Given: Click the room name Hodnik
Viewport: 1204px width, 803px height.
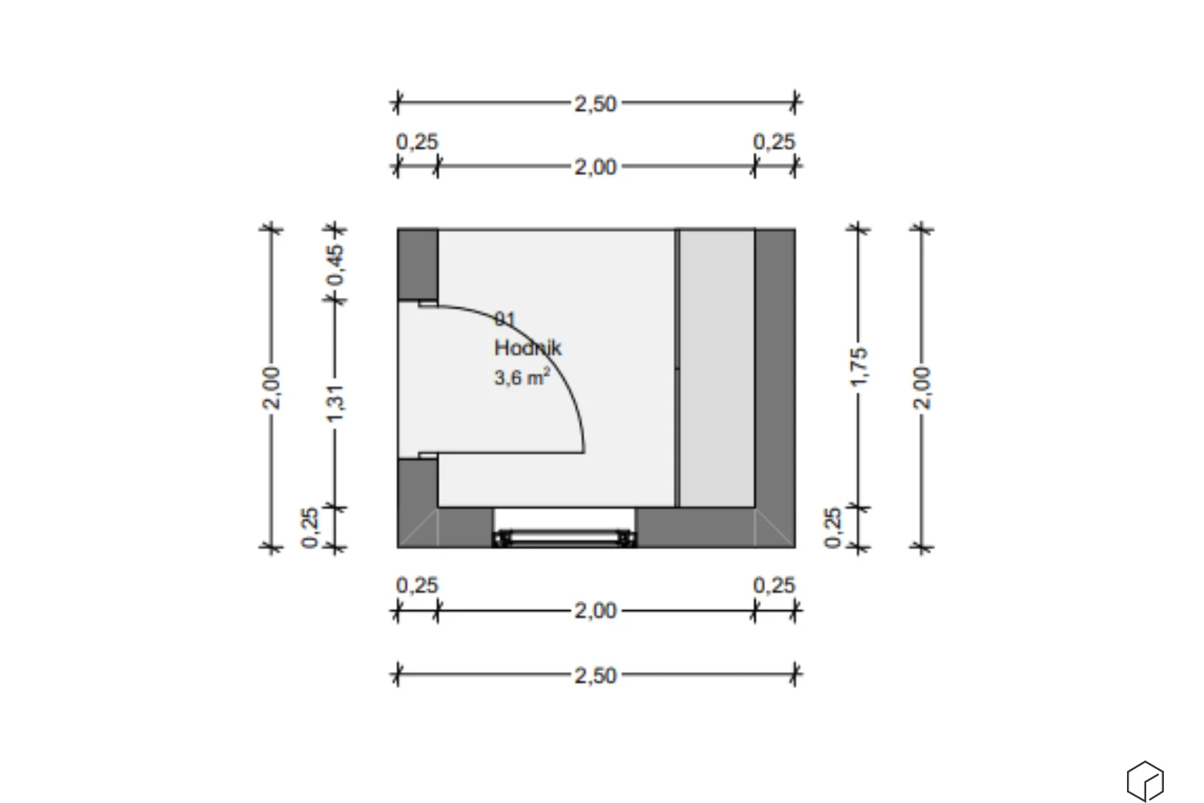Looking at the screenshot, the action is tap(528, 348).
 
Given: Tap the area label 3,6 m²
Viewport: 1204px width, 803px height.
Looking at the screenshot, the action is tap(522, 377).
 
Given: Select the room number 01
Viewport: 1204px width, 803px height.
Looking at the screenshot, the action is tap(505, 319).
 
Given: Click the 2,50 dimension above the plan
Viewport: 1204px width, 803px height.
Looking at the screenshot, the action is tap(596, 104).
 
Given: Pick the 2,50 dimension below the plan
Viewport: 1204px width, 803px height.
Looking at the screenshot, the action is tap(596, 675).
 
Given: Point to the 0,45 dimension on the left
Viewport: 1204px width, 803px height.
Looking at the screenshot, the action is tap(335, 265).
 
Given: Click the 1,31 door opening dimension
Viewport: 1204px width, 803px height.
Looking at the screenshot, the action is tap(335, 403).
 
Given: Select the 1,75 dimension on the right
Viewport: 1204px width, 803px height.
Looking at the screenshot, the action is tap(858, 367).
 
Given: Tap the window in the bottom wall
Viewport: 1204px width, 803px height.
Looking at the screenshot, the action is tap(563, 538).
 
